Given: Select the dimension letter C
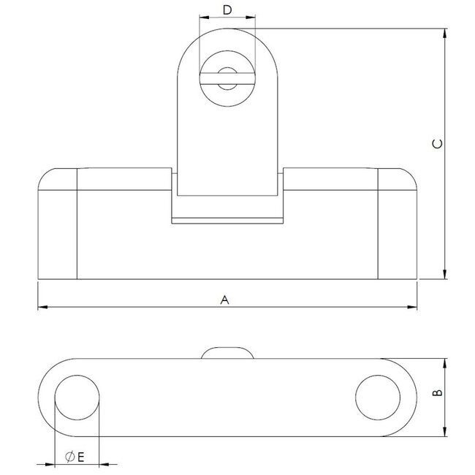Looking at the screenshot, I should click(436, 144).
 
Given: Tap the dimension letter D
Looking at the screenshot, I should click(227, 9).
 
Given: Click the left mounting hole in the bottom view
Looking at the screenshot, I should click(77, 398).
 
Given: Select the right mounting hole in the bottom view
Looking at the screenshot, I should click(378, 398).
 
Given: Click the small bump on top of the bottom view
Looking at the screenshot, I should click(227, 353).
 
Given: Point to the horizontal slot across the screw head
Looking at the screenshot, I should click(227, 81).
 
